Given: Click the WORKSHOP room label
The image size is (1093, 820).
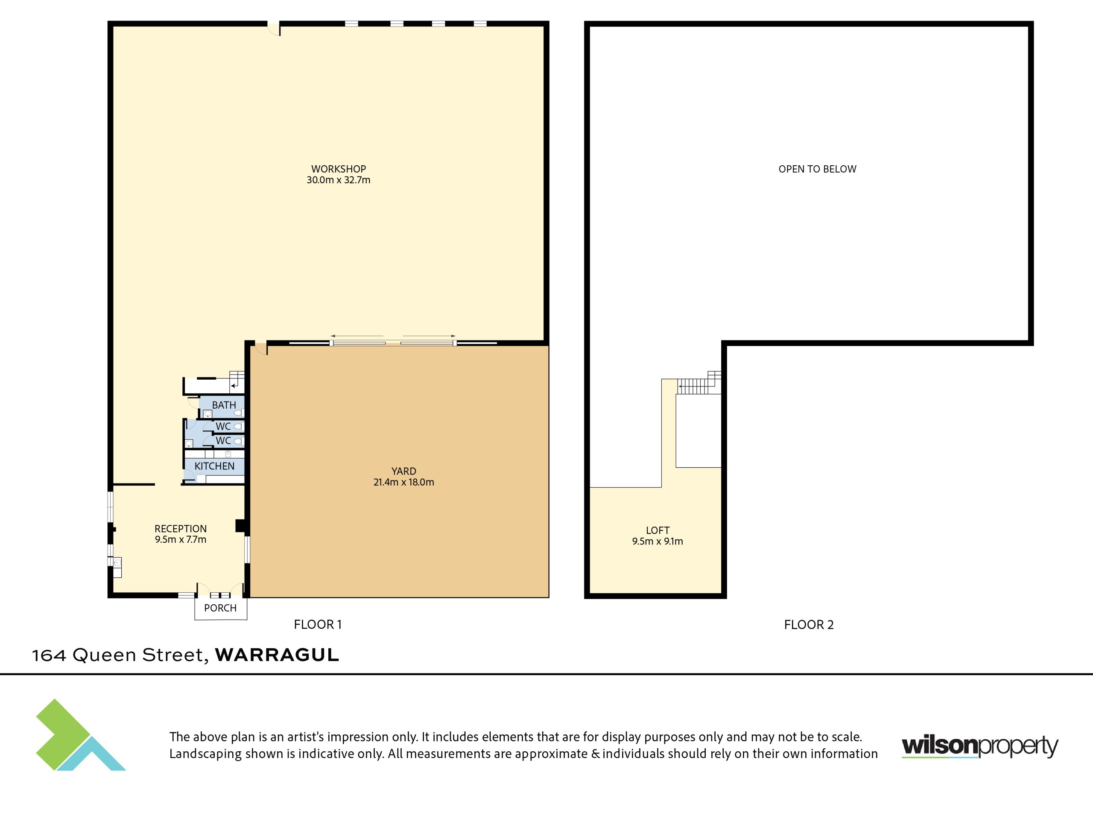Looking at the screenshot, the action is (339, 169).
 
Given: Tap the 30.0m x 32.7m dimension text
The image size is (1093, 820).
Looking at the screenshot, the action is (339, 180).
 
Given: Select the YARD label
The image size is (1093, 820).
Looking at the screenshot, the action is (404, 471).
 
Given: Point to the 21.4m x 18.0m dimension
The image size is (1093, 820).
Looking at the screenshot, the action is (404, 482).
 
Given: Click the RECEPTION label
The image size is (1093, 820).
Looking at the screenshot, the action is (180, 529).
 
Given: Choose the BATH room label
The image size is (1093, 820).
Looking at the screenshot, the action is (224, 405).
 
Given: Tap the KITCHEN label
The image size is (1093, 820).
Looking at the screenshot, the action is (214, 466).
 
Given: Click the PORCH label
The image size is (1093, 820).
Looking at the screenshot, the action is (220, 608).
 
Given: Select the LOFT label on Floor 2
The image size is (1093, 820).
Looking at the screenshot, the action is (658, 530).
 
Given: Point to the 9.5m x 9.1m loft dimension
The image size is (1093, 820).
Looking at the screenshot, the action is (658, 541).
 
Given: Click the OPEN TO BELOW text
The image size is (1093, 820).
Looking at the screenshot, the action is (817, 169).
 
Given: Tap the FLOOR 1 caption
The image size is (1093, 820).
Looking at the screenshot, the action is (318, 625).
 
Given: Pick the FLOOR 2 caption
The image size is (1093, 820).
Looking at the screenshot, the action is (809, 625).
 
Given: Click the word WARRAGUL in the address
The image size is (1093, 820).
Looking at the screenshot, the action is (277, 655).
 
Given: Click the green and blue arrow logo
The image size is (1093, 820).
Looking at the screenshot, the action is (81, 735).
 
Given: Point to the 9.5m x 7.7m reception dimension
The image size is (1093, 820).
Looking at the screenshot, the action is (180, 540).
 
